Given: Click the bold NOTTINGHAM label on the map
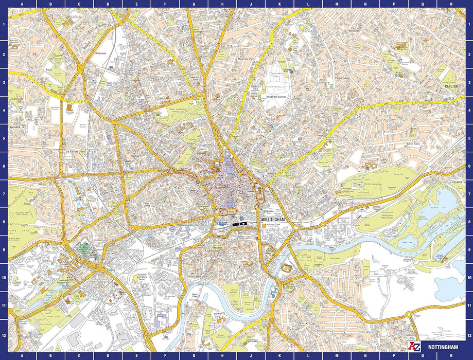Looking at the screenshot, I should (273, 220).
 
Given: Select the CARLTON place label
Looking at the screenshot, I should (451, 87).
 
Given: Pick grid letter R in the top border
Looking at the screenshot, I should (451, 4).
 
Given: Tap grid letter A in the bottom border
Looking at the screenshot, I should (21, 355).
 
